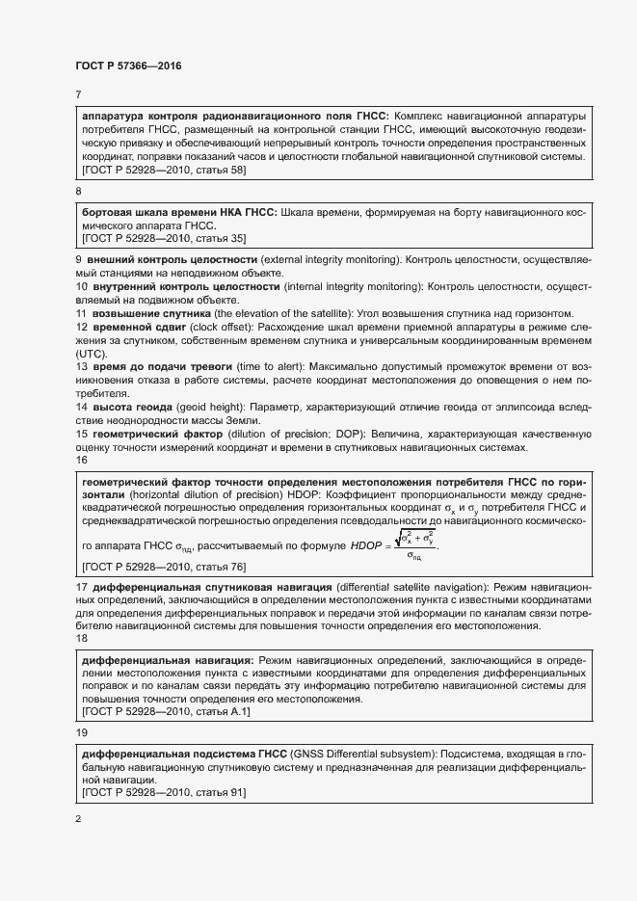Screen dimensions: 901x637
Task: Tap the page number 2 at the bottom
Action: point(78,819)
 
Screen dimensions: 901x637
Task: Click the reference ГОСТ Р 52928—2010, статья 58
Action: point(165,170)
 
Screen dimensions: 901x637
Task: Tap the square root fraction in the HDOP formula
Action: point(413,544)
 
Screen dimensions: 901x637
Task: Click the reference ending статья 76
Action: point(165,567)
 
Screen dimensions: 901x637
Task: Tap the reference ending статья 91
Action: point(165,791)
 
